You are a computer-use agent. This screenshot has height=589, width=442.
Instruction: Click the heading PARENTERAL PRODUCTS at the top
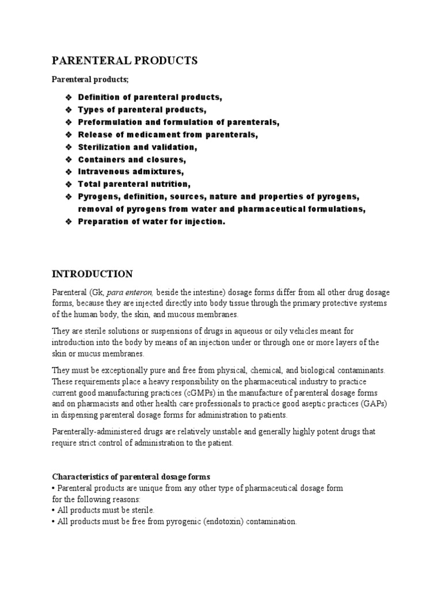click(125, 61)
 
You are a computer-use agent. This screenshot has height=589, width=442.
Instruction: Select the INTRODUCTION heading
click(93, 274)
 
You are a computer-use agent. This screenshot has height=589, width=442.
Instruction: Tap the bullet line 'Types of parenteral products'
click(142, 109)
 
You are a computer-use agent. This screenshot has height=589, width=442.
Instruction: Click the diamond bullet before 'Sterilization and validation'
click(68, 147)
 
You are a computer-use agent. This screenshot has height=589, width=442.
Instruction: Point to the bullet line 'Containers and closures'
click(132, 160)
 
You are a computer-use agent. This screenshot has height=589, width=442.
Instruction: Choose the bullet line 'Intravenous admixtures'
click(131, 172)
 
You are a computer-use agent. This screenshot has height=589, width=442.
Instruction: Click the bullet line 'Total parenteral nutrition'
click(134, 184)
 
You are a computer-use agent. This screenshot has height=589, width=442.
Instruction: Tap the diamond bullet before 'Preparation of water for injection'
click(68, 221)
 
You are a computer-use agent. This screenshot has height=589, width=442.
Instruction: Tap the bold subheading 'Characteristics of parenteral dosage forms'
click(131, 477)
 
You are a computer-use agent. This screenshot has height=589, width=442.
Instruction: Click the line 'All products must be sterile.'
click(104, 510)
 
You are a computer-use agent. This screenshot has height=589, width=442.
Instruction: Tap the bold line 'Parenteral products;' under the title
click(90, 79)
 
